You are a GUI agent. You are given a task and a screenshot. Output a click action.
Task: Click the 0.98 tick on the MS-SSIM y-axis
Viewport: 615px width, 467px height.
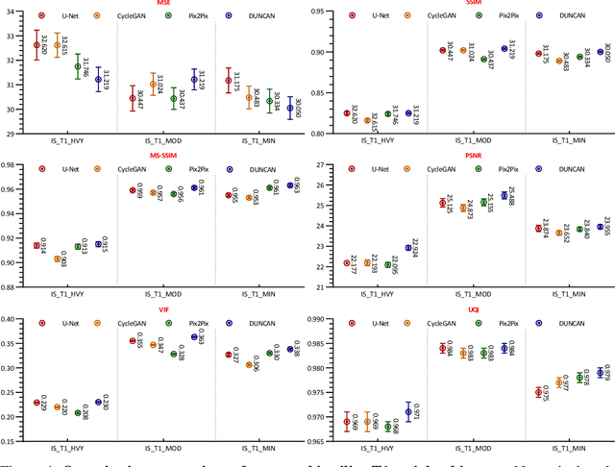point(10,164)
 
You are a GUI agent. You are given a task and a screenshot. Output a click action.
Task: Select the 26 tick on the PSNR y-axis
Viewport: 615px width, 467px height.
point(319,188)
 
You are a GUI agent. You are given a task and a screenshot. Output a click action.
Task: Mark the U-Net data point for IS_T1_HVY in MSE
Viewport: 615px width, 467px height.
point(37,45)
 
